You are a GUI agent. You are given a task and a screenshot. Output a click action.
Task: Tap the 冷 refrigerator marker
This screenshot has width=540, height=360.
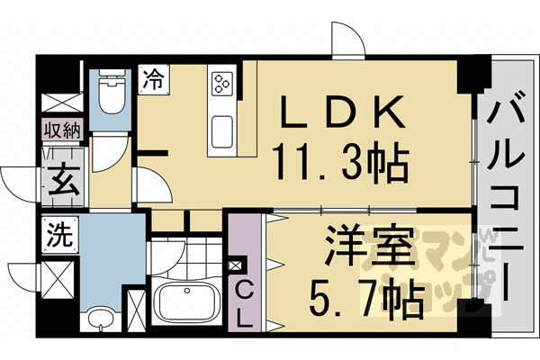pyautogui.click(x=152, y=78)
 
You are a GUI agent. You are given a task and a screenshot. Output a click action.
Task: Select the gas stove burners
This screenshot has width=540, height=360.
pyautogui.click(x=222, y=83)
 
